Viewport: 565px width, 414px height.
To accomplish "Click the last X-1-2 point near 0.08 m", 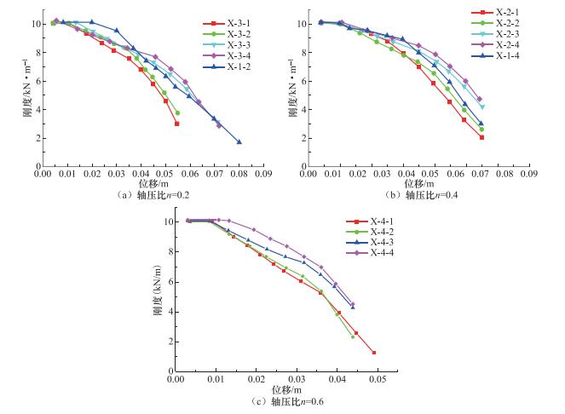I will click(239, 142).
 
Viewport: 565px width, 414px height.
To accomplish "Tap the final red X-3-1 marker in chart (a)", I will click(177, 124).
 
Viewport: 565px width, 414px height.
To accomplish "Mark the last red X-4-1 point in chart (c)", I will click(374, 353).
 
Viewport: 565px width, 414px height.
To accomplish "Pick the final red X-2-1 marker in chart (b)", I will click(481, 137).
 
